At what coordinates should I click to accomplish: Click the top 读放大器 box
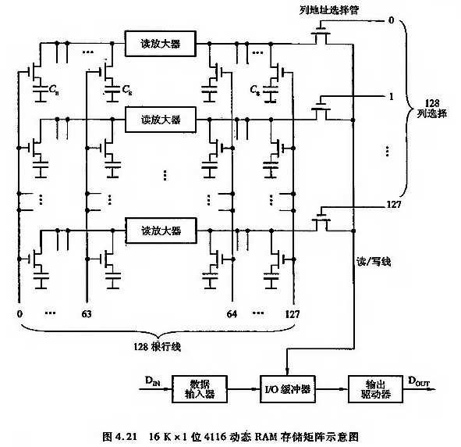coord(161,44)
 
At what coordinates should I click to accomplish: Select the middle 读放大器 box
coord(161,120)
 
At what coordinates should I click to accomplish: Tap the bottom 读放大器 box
coord(161,231)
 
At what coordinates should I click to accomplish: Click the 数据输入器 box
coord(200,389)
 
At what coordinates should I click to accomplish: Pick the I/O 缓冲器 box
coord(288,389)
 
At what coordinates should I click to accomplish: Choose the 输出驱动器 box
coord(375,389)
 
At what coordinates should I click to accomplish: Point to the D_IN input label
coord(153,381)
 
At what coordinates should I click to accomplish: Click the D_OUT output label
coord(419,381)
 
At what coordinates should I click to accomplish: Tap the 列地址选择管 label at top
coord(329,10)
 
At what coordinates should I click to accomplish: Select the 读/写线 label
coord(374,261)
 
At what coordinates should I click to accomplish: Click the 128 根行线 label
coord(157,347)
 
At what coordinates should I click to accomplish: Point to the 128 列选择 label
coord(432,108)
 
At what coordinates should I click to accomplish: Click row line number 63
coord(87,314)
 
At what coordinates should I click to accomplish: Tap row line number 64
coord(232,314)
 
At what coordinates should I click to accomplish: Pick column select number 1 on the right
coord(391,97)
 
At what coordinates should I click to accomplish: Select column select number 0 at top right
coord(391,20)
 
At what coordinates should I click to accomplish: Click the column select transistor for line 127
coord(322,221)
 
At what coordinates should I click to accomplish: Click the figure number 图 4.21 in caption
coord(120,436)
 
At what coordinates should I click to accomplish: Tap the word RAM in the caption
coord(266,436)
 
